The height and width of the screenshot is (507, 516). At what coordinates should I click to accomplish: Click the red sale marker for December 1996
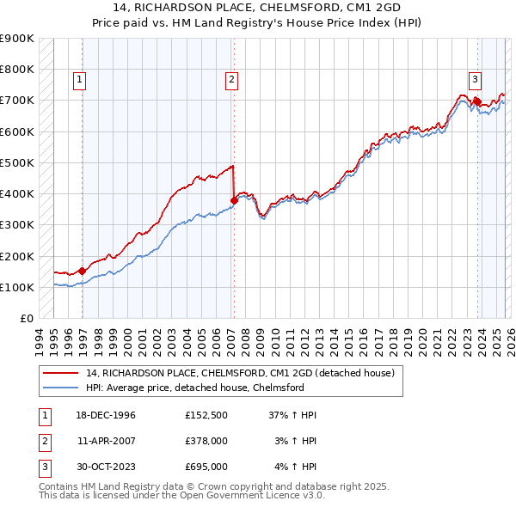tap(83, 271)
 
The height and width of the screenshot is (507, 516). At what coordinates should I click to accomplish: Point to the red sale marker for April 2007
tap(234, 200)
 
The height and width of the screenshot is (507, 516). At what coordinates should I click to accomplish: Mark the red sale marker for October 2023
tap(477, 101)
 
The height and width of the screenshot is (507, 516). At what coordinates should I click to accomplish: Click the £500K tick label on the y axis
tap(17, 162)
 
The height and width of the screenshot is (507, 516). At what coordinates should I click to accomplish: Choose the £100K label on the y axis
tap(17, 287)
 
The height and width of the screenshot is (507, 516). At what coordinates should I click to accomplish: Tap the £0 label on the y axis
tap(26, 319)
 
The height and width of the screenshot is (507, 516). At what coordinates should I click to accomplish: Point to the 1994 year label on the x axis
tap(40, 339)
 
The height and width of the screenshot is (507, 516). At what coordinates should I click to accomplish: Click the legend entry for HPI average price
tap(194, 388)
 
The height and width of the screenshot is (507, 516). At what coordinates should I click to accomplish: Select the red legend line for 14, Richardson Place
tap(60, 373)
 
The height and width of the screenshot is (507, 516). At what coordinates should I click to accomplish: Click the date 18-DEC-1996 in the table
tap(107, 415)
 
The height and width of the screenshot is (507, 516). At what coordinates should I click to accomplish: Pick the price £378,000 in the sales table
tap(206, 441)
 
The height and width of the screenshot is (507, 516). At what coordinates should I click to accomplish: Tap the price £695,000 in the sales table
tap(206, 467)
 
